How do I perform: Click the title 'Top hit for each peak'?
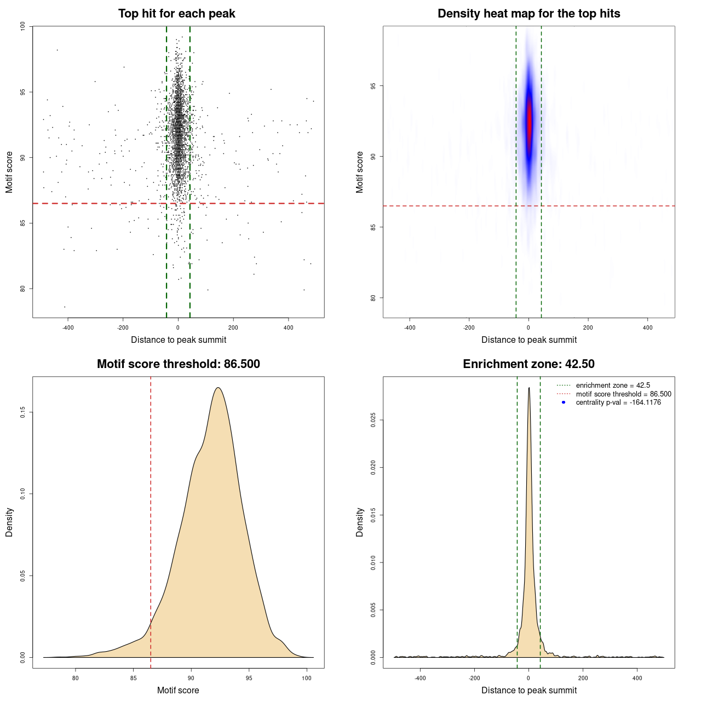coord(176,14)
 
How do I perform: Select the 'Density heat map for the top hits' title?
coord(528,14)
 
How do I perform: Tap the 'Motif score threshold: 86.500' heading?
coord(178,364)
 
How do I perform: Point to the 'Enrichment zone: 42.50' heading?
coord(528,364)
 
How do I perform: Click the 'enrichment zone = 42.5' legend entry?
coord(613,386)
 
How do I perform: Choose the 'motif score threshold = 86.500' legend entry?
coord(623,394)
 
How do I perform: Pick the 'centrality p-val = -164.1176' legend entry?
coord(618,403)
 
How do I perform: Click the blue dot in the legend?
coord(564,403)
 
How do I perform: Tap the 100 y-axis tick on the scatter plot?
coord(23,26)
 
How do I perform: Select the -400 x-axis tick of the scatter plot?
coord(68,327)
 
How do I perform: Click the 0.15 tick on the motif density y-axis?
coord(23,412)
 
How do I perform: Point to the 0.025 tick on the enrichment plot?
coord(374,420)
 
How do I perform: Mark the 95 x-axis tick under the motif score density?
coord(249,678)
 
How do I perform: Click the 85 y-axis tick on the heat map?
coord(374,227)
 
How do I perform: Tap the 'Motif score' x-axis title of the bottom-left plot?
coord(178,690)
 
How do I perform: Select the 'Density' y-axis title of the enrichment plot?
coord(360,522)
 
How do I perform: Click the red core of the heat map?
coord(529,123)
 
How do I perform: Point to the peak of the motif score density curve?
coord(218,388)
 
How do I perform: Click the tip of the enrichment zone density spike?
coord(529,388)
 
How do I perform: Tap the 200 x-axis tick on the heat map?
coord(588,327)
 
